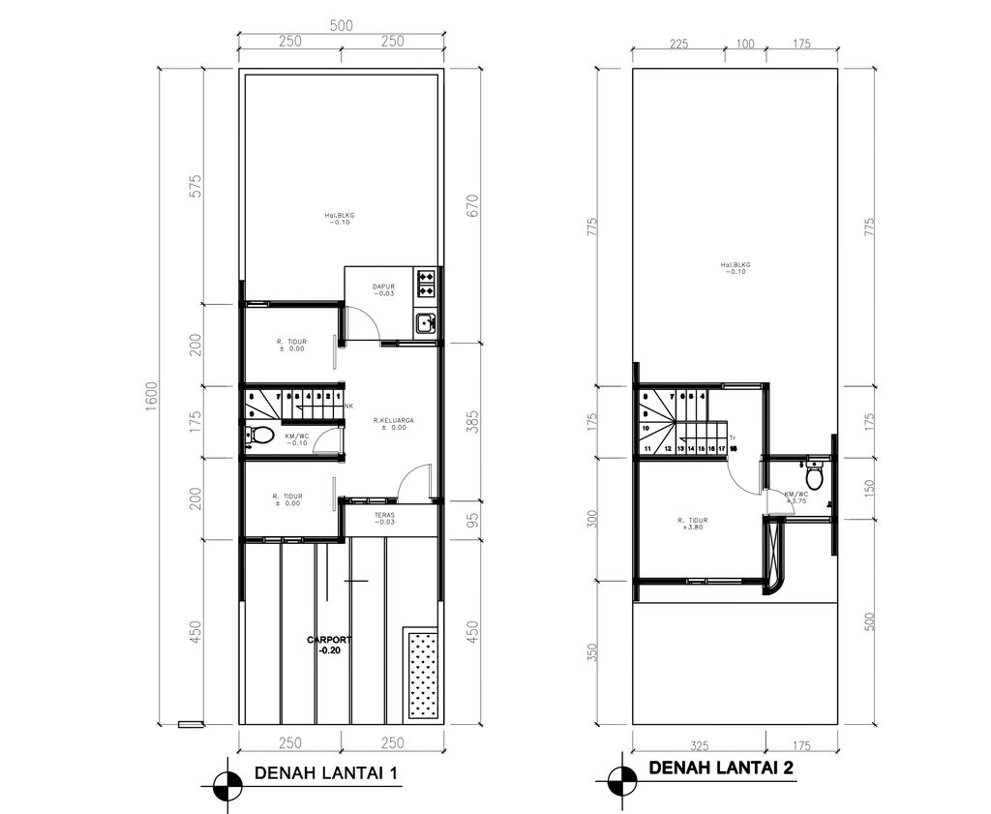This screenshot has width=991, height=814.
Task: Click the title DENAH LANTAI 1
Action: tap(323, 773)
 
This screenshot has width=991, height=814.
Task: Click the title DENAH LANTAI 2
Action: tap(721, 769)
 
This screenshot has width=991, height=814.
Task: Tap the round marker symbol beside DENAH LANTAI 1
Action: tap(226, 783)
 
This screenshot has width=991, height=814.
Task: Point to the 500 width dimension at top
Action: tap(341, 26)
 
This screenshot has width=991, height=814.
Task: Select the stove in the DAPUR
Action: tap(426, 283)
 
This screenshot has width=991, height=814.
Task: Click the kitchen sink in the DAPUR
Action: tap(425, 324)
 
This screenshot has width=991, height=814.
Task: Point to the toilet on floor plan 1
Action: tap(255, 436)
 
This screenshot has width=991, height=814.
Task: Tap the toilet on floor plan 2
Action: tap(814, 477)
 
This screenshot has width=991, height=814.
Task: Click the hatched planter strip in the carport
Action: tap(422, 674)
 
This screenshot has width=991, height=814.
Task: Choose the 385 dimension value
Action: tap(473, 422)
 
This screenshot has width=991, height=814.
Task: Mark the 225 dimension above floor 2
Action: tap(677, 44)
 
